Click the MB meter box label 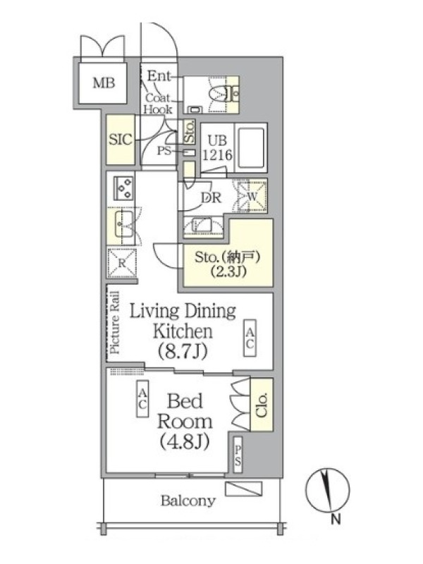[x=104, y=83]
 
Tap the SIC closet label [x=121, y=140]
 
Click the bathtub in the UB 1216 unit [x=251, y=147]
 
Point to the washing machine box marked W [x=252, y=197]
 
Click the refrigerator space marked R [x=122, y=263]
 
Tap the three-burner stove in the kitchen [x=124, y=188]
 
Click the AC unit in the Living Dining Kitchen [x=250, y=338]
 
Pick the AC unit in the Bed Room [x=142, y=399]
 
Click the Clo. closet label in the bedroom [x=262, y=405]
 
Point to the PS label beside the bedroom [x=238, y=455]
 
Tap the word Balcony [x=188, y=501]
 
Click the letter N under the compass [x=336, y=520]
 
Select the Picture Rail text [x=115, y=322]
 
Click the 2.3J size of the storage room [x=228, y=271]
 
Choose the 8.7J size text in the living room [x=183, y=351]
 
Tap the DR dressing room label [x=211, y=197]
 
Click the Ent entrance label [x=159, y=76]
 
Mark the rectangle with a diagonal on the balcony [x=243, y=489]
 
